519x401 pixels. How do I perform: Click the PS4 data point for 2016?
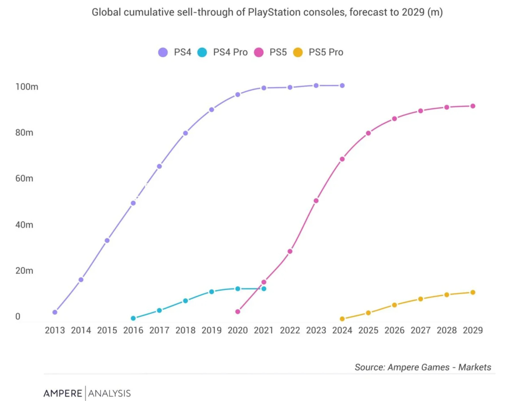[133, 203]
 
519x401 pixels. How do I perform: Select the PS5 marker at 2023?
[316, 201]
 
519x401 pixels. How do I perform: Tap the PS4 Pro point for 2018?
[185, 301]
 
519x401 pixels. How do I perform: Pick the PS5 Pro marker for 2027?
[421, 299]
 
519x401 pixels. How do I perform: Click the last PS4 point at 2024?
[342, 86]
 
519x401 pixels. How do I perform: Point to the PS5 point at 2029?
[473, 106]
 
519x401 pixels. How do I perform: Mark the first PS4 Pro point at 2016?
[133, 318]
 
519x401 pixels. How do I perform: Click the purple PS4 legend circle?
[163, 52]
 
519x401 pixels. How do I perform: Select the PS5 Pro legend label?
[326, 52]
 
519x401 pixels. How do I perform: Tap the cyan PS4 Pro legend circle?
[202, 52]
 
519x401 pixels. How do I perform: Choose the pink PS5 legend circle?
[259, 52]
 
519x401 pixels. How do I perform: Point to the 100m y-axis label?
[27, 87]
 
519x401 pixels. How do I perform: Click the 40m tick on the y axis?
[24, 225]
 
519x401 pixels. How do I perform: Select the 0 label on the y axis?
[18, 317]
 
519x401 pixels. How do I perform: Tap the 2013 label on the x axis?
[55, 330]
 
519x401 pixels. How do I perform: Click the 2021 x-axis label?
[264, 330]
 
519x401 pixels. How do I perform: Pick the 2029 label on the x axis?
[473, 330]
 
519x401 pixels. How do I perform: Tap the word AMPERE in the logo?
[63, 393]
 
